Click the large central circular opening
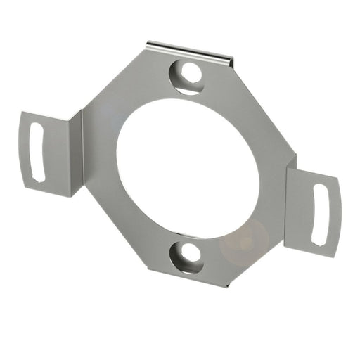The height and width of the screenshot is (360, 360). click(x=188, y=169)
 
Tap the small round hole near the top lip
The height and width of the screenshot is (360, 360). click(x=188, y=74)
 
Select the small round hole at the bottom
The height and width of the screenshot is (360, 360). click(x=186, y=257)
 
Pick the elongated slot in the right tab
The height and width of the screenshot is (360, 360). click(x=321, y=214)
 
